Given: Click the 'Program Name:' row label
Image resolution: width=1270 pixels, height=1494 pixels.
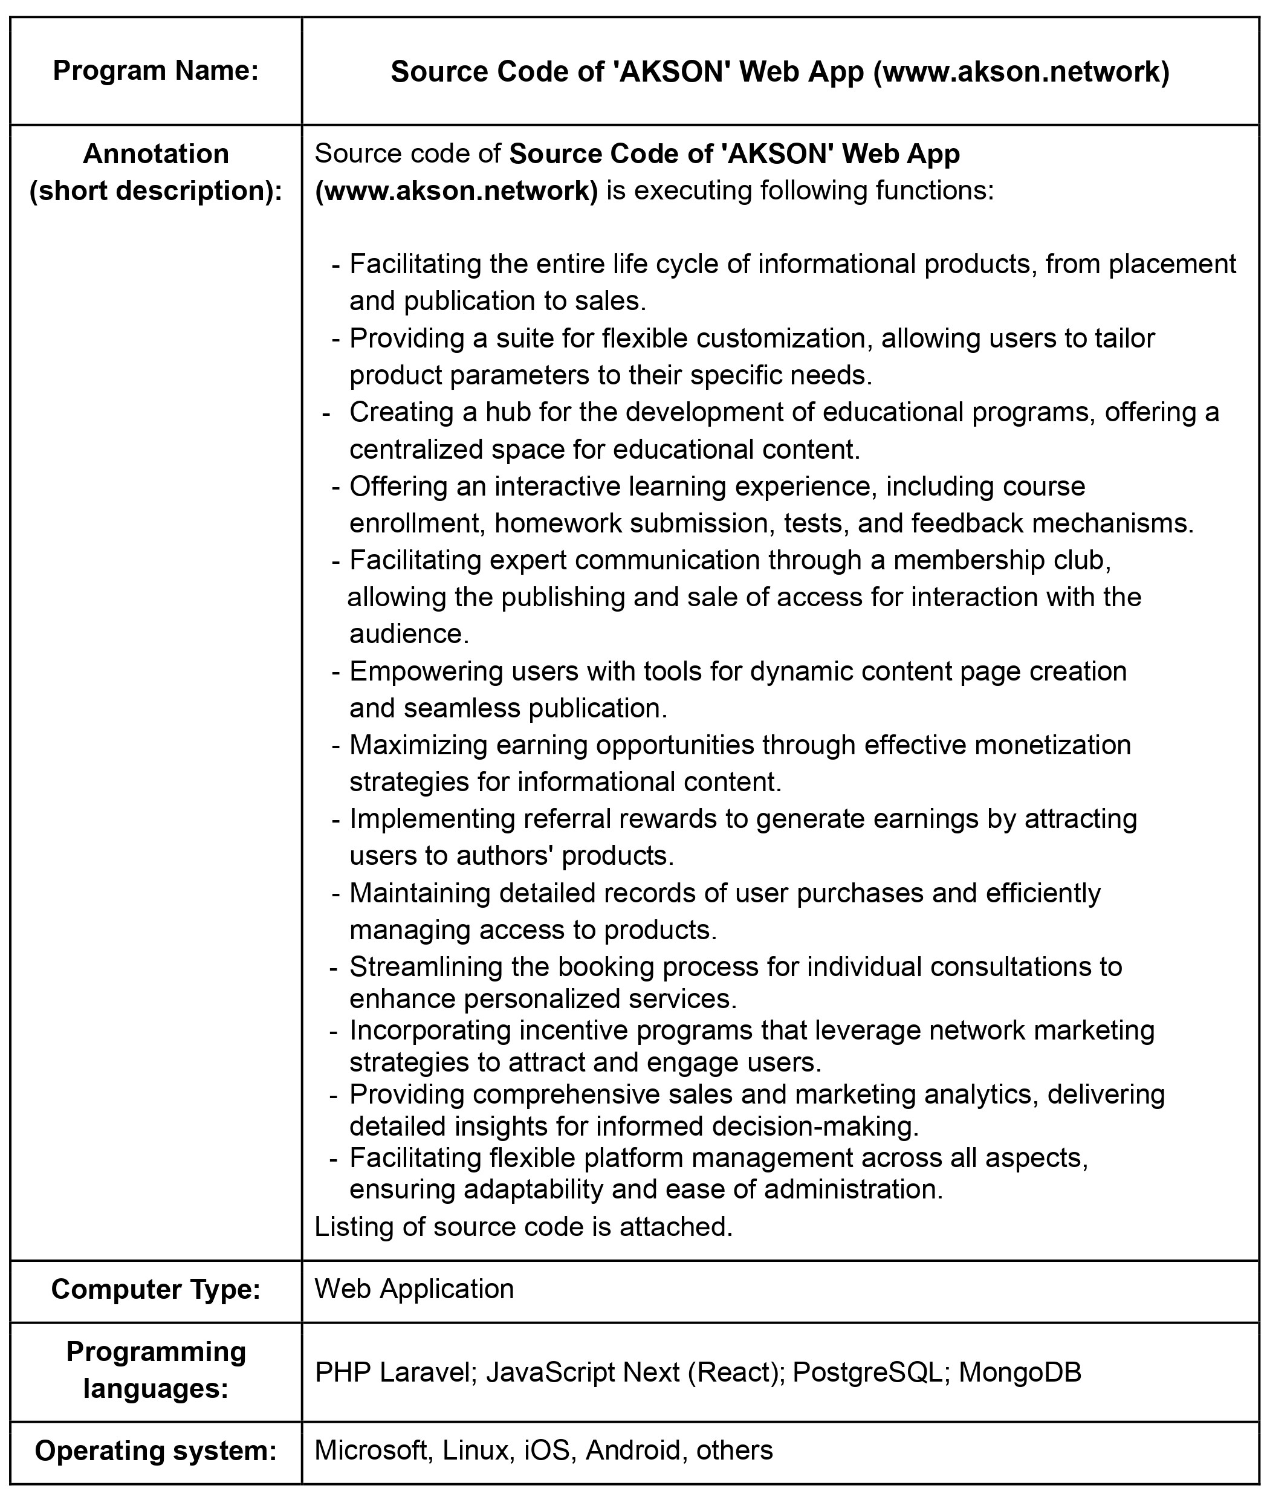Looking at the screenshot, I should (155, 71).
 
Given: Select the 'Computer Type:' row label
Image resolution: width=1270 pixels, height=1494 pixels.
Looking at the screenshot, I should (155, 1289).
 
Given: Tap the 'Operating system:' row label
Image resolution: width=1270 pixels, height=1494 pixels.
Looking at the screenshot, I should (155, 1450).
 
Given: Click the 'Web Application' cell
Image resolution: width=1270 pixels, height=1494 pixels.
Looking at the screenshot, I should (414, 1289).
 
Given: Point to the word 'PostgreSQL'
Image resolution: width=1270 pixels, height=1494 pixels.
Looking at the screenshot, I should (867, 1373).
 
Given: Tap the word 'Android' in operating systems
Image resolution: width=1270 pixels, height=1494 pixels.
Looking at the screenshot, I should (633, 1450).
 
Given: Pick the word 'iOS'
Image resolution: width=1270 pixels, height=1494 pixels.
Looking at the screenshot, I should (546, 1450).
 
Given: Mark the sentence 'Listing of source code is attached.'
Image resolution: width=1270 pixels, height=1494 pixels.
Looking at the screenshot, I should (523, 1226).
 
